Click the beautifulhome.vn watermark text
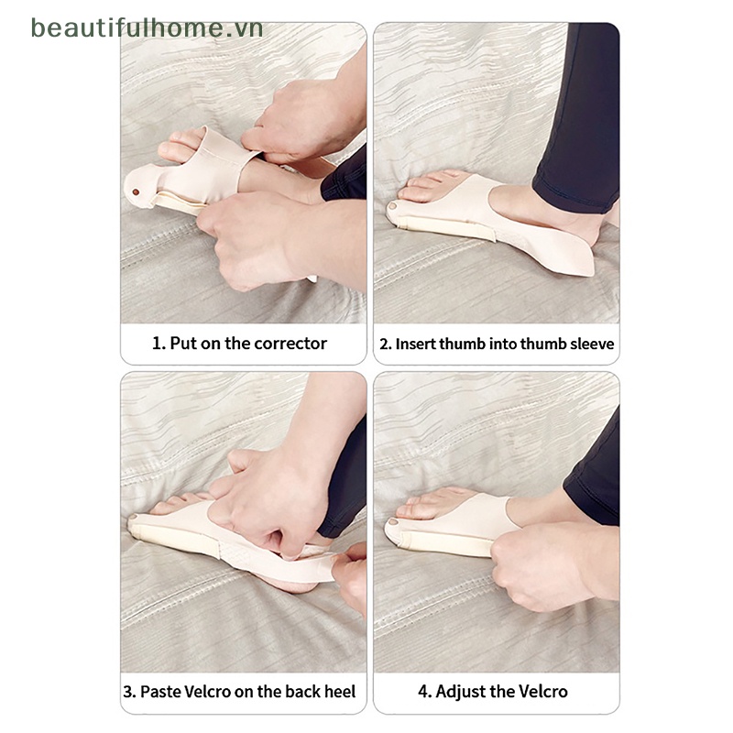(x=147, y=27)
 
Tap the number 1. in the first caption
(x=159, y=344)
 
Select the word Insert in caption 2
(x=415, y=345)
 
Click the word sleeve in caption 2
(x=593, y=345)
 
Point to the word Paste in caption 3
(x=160, y=692)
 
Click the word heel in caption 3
(x=338, y=692)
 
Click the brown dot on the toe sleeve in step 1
(x=137, y=192)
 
